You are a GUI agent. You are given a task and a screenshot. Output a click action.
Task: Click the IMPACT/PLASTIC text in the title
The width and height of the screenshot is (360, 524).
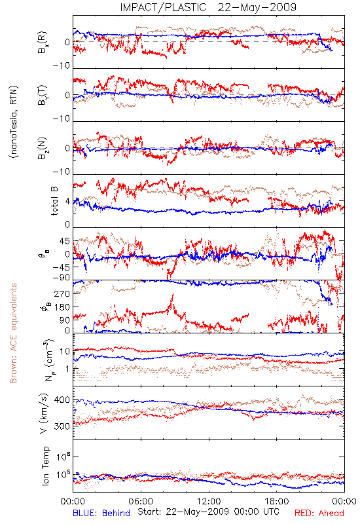163,7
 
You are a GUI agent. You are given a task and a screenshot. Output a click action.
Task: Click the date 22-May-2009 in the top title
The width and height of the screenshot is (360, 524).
257,7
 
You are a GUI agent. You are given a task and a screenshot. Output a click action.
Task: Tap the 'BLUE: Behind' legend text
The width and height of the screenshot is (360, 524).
101,513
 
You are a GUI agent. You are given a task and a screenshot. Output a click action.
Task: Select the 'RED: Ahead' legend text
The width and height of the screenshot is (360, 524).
319,513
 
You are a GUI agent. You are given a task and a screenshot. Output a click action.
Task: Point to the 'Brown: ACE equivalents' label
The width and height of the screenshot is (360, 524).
13,333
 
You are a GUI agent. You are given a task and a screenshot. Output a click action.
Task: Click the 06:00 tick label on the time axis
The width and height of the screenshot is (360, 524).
141,501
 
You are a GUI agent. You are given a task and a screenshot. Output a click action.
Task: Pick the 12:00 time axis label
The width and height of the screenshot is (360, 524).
209,501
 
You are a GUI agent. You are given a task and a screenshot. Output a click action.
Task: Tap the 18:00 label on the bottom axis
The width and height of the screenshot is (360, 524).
277,501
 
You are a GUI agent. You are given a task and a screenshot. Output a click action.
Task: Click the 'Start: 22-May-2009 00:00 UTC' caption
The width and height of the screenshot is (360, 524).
208,512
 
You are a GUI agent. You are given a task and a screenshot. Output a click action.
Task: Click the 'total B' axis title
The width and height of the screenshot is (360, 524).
54,200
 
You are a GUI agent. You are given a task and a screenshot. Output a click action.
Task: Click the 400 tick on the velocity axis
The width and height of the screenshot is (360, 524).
62,400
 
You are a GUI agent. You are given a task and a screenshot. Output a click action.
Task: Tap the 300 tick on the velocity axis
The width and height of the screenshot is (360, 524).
62,426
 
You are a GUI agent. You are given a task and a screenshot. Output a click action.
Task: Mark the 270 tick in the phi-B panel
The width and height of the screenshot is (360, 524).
62,293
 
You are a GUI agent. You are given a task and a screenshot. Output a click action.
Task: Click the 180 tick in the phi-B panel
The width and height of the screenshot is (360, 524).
62,307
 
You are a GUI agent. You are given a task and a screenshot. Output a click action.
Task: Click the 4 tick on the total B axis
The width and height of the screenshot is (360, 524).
68,202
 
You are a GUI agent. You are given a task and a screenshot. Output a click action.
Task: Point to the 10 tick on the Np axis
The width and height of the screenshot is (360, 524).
64,351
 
